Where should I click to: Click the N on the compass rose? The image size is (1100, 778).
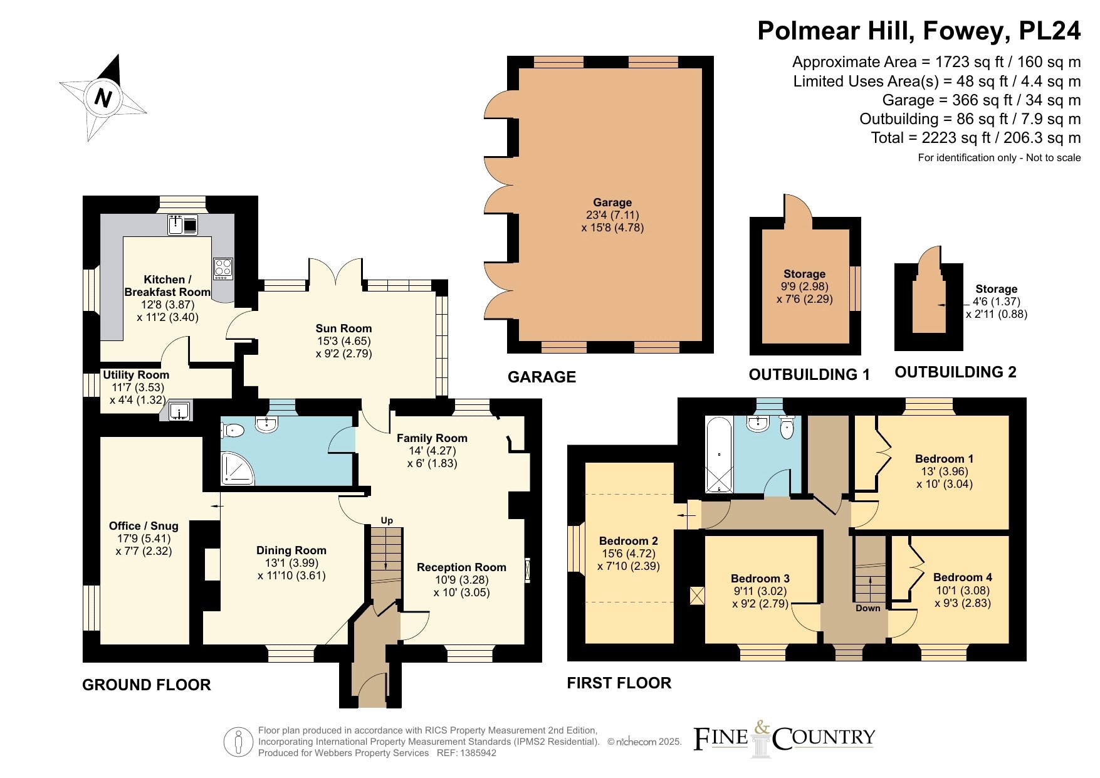[103, 98]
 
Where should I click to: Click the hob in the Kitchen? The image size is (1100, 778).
[223, 268]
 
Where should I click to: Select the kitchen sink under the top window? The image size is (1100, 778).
[183, 224]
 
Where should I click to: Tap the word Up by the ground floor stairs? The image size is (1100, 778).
[387, 520]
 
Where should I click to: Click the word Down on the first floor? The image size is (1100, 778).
[868, 608]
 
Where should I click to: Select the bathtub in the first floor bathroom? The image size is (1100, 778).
[719, 454]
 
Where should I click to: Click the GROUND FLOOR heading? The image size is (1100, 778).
[147, 685]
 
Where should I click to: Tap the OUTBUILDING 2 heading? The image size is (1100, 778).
[955, 372]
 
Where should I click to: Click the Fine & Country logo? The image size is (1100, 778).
[783, 739]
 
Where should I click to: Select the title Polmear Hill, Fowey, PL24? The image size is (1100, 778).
[919, 31]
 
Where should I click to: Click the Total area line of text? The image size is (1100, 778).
[976, 138]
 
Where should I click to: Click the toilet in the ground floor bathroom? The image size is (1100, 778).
[233, 430]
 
